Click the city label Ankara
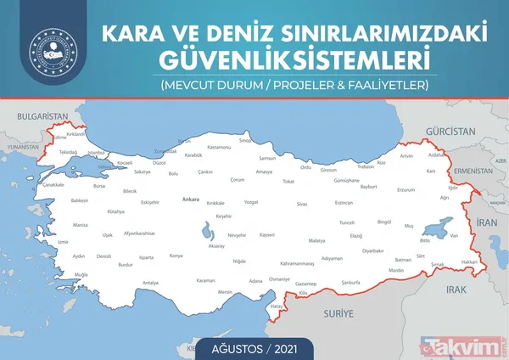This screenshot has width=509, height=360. tap(191, 200)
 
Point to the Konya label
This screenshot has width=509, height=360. tap(176, 255)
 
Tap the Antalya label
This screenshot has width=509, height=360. tap(150, 283)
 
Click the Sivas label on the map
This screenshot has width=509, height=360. tap(301, 205)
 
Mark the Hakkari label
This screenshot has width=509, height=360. tap(467, 262)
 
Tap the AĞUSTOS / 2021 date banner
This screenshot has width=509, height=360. tap(255, 346)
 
